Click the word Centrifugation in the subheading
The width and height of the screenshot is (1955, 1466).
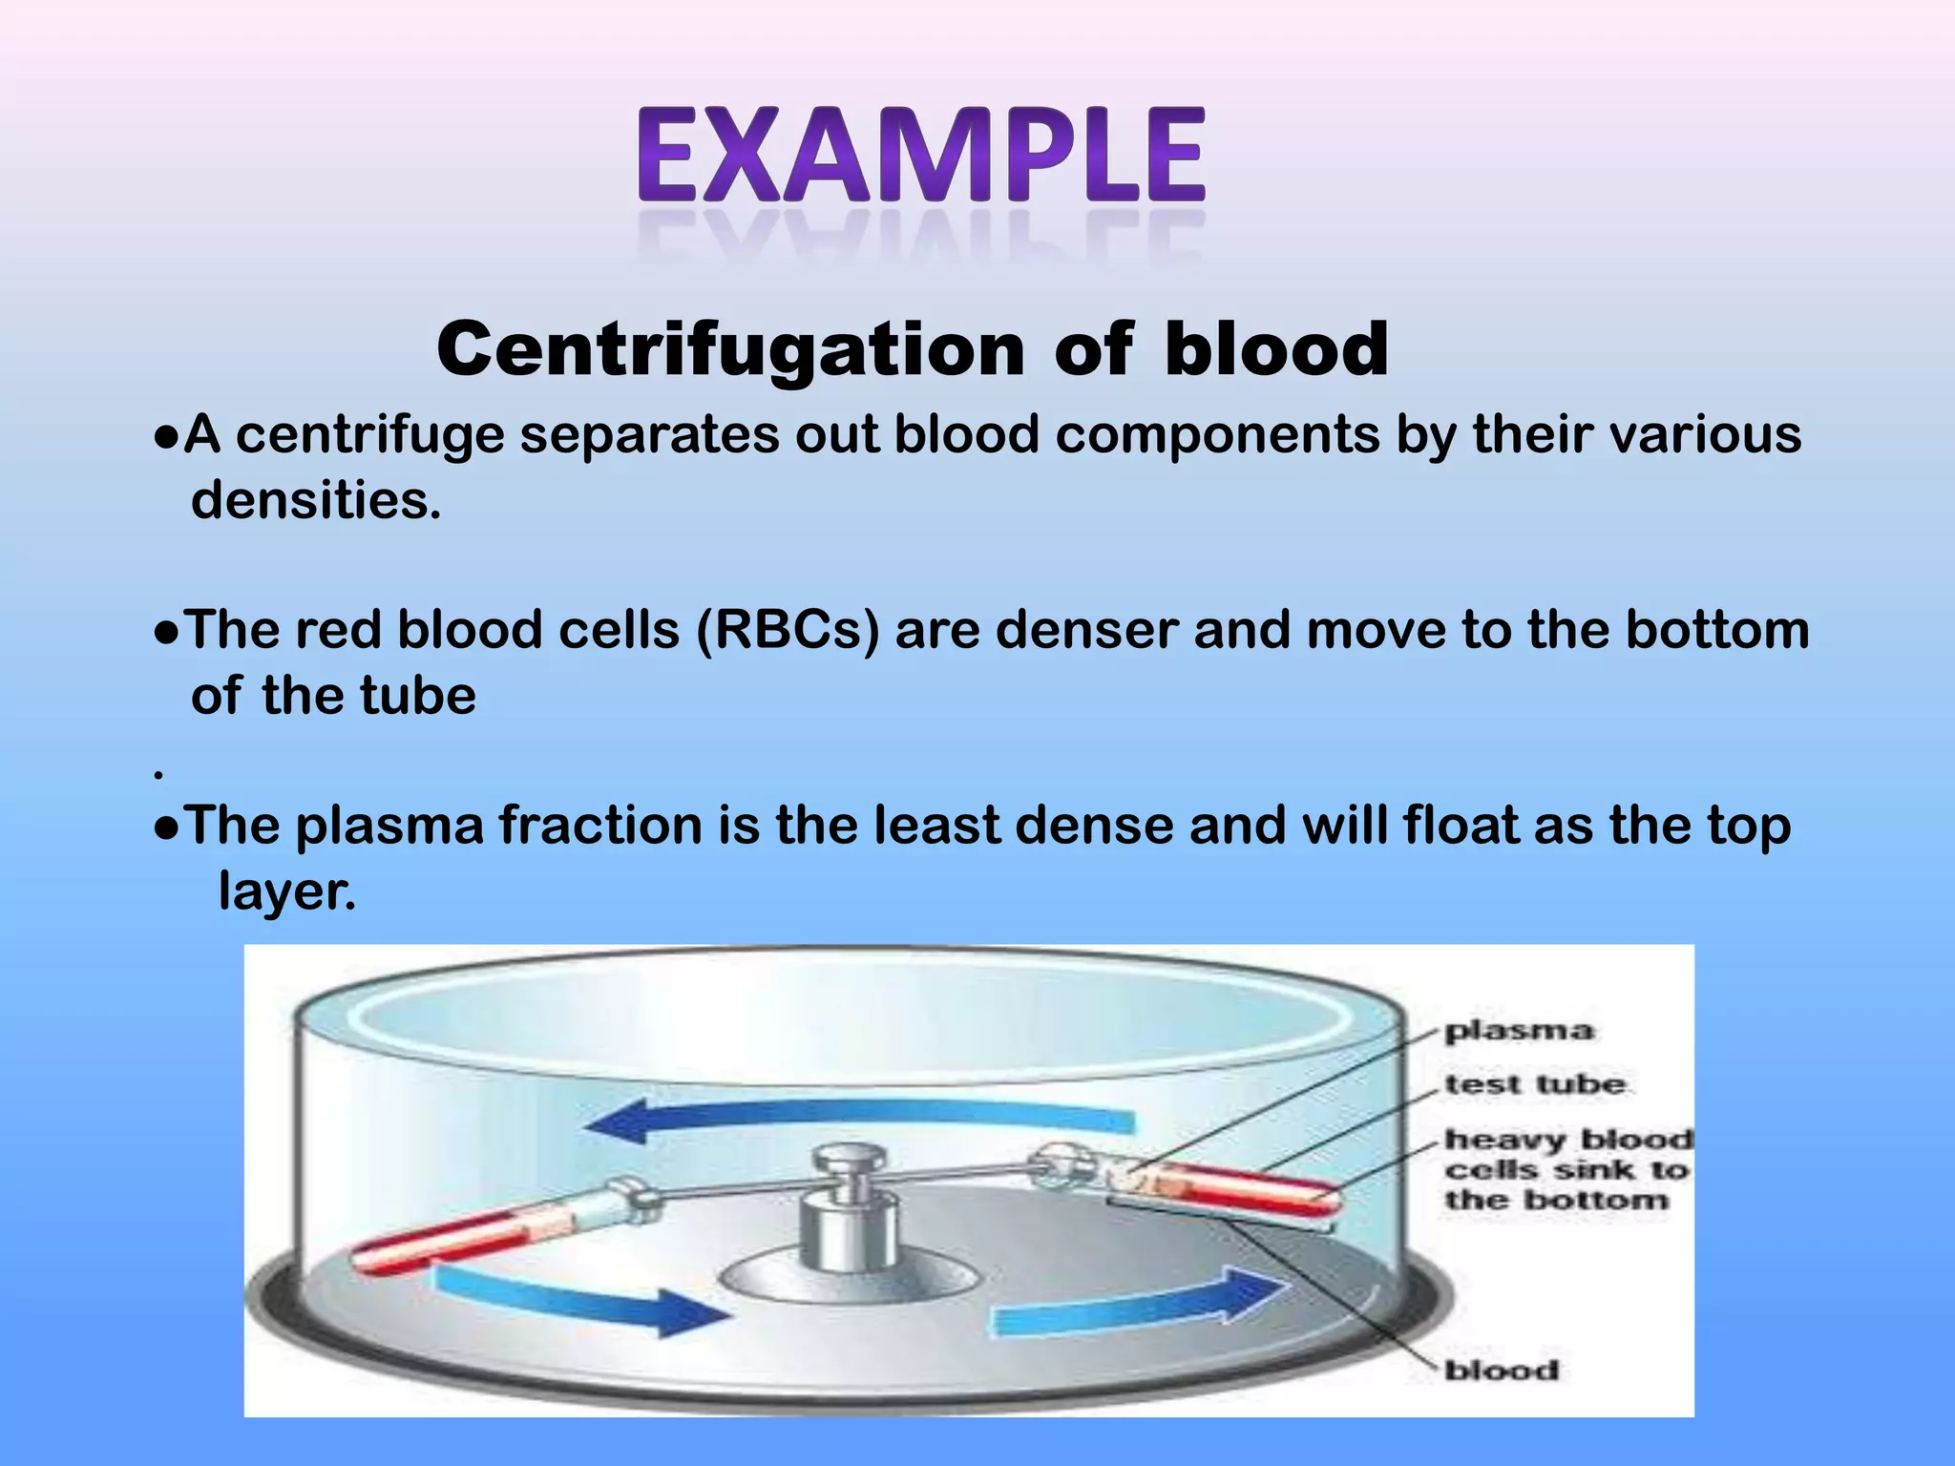[730, 349]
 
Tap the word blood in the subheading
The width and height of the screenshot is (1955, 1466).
[1276, 349]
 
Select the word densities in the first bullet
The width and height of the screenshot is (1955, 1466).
[315, 500]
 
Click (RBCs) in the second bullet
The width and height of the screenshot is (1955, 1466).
[788, 631]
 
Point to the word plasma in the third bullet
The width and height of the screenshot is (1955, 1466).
[389, 826]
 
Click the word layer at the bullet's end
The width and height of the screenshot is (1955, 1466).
[284, 891]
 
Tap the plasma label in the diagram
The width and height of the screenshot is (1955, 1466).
[1518, 1031]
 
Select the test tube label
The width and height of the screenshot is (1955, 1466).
[1534, 1085]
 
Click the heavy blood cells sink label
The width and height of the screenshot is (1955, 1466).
[1566, 1169]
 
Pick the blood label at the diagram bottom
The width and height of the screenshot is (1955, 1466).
[1501, 1371]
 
